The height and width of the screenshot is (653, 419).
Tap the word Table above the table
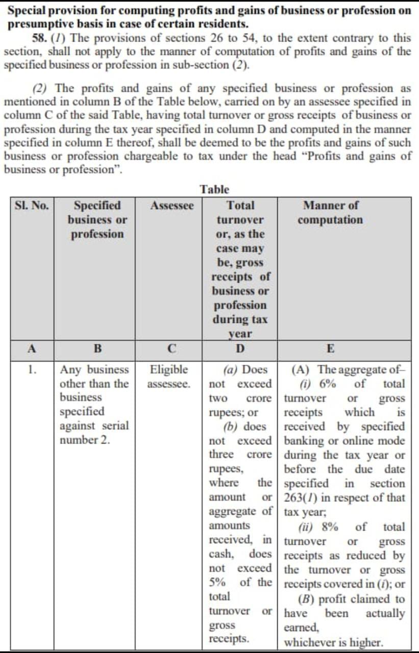click(x=215, y=189)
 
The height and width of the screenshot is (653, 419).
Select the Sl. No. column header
click(x=32, y=206)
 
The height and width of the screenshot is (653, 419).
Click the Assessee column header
click(x=172, y=206)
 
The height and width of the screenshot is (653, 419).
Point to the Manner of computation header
click(x=330, y=213)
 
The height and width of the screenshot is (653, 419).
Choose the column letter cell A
click(x=32, y=349)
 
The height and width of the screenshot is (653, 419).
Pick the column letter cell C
click(x=172, y=349)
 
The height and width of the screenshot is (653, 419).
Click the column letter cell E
click(x=330, y=349)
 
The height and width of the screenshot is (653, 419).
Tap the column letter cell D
click(x=240, y=349)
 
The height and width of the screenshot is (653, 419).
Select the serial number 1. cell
click(x=32, y=369)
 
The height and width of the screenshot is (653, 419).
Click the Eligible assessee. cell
click(x=168, y=376)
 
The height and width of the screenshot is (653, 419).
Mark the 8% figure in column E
click(x=330, y=527)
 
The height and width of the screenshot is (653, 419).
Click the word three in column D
click(x=221, y=455)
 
